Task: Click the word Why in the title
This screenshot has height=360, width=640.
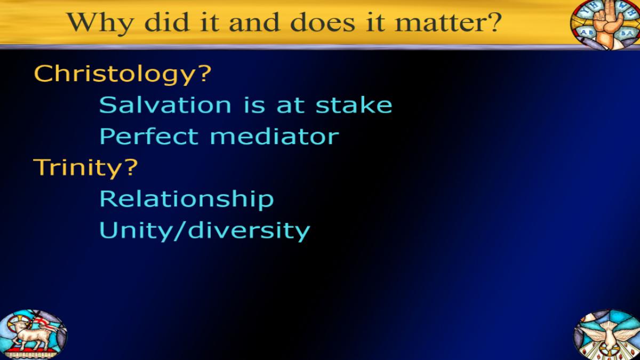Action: pyautogui.click(x=100, y=23)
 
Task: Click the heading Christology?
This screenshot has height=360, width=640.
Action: pyautogui.click(x=122, y=74)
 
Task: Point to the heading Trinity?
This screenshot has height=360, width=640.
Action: pyautogui.click(x=85, y=168)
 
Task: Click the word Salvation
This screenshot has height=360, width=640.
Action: pyautogui.click(x=165, y=105)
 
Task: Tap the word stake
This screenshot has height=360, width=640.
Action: pyautogui.click(x=354, y=105)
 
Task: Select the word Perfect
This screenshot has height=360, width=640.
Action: pyautogui.click(x=149, y=137)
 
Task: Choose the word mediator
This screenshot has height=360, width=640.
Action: pyautogui.click(x=274, y=137)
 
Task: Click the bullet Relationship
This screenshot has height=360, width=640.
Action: pyautogui.click(x=187, y=199)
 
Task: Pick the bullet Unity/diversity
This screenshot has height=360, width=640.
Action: pyautogui.click(x=205, y=231)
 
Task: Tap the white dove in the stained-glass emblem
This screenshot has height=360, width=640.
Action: pyautogui.click(x=610, y=337)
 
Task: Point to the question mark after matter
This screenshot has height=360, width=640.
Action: pyautogui.click(x=493, y=22)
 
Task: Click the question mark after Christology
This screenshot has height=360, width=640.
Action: pyautogui.click(x=203, y=74)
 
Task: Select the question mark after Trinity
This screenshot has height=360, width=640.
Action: pyautogui.click(x=130, y=167)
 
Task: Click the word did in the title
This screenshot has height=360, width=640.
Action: pyautogui.click(x=167, y=22)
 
